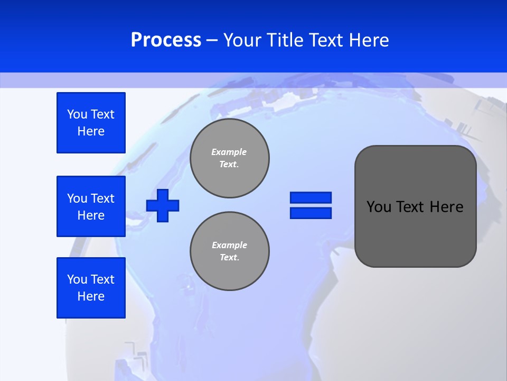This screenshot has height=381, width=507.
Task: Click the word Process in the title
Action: click(x=166, y=40)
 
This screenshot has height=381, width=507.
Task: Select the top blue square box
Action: click(x=91, y=123)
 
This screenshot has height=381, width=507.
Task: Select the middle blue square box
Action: click(x=91, y=206)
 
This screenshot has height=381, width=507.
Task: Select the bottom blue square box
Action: click(x=91, y=288)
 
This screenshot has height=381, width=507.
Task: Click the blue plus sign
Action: click(x=163, y=205)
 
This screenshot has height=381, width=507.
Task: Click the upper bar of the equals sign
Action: click(x=311, y=198)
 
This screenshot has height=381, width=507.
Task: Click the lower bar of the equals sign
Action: click(x=311, y=213)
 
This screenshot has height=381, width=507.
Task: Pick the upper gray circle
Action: click(x=230, y=158)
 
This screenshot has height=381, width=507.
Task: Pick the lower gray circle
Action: click(x=230, y=251)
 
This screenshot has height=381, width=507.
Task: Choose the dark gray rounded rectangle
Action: click(x=415, y=206)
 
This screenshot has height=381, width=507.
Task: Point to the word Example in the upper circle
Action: click(x=229, y=152)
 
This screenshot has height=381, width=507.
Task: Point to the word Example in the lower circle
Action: click(x=229, y=245)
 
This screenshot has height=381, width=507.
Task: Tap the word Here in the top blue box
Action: click(x=91, y=131)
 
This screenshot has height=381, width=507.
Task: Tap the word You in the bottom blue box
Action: click(x=77, y=279)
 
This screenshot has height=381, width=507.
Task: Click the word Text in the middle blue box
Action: click(x=102, y=198)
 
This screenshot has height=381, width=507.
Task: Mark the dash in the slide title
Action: click(x=212, y=40)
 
